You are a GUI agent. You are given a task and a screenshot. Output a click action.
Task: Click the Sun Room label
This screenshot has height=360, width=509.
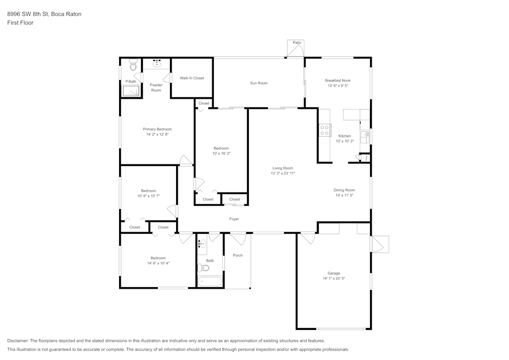pos(259,83)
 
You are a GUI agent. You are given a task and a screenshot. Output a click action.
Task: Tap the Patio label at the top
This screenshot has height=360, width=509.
pos(296,43)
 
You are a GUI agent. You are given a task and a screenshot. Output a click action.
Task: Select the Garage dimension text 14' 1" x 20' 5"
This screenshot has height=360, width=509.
pos(334,279)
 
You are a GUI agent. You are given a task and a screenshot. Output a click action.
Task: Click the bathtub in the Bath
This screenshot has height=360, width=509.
pos(210,281)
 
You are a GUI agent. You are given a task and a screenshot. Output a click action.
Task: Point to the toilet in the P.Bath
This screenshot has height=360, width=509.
pos(133,65)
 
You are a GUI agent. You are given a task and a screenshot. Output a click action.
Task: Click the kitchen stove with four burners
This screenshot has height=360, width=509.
pos(324,130)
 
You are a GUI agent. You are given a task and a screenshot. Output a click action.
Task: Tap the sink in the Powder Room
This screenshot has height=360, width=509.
pos(156,64)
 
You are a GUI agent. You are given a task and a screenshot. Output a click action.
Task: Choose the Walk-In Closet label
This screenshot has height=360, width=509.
pos(192,78)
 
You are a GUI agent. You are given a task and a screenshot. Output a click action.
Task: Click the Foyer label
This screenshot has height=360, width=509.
pos(234,219)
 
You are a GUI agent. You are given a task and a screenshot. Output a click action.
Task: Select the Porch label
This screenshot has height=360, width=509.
pos(238,255)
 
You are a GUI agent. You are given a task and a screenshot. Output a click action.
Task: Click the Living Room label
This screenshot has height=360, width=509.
pos(282,168)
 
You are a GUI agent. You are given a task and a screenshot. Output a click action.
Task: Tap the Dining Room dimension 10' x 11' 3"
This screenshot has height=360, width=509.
pos(344,196)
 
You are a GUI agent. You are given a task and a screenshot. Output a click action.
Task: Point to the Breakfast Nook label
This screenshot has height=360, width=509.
pos(337,80)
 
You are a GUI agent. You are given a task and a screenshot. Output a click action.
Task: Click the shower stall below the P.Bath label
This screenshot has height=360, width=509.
pos(131,91)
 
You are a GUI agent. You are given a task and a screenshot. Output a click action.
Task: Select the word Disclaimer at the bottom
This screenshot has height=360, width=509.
pos(18,341)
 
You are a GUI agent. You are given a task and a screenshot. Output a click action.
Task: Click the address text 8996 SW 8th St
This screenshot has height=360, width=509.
pos(29,14)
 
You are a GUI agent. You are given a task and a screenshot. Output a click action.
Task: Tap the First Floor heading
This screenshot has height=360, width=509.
pos(20,23)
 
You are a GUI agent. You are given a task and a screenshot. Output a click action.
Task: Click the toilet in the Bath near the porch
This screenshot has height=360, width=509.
pos(205,268)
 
